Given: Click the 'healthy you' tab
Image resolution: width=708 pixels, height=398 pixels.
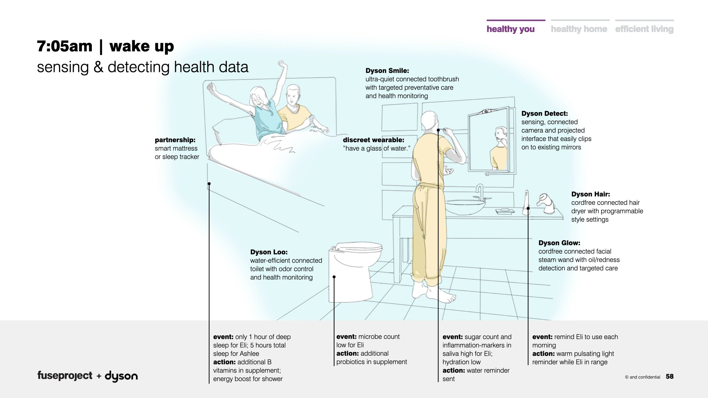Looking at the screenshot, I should click(510, 29).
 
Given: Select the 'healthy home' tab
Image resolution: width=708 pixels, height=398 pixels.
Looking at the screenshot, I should click(579, 29).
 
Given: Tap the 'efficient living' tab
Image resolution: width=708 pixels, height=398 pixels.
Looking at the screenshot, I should click(644, 29).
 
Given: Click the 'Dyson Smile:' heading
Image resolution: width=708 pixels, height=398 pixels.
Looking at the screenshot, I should click(387, 71).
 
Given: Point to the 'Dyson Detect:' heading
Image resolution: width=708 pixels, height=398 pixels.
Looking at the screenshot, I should click(544, 114).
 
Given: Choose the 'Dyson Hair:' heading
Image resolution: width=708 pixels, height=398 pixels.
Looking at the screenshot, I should click(590, 194).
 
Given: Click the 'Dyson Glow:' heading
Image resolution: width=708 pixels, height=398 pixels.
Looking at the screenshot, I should click(559, 243).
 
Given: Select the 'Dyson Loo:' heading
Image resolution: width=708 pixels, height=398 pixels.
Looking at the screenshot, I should click(269, 252).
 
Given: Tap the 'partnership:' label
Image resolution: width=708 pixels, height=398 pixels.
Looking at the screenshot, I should click(175, 140).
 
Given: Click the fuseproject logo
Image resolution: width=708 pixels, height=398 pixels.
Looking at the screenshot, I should click(65, 376).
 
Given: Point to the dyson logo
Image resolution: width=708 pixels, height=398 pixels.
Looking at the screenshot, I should click(121, 376).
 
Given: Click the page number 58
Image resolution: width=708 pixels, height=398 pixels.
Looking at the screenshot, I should click(670, 376).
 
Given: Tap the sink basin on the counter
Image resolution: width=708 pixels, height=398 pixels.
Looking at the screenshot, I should click(465, 206).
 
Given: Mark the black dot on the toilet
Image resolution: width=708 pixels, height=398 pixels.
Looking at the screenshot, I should click(334, 277).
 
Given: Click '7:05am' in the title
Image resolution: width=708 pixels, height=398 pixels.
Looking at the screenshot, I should click(65, 46).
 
